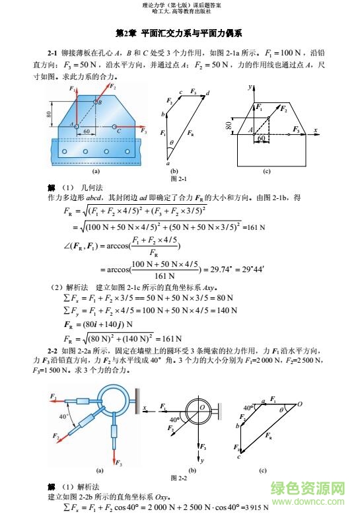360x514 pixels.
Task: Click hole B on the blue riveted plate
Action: (x=94, y=104)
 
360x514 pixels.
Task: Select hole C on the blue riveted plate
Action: (x=115, y=126)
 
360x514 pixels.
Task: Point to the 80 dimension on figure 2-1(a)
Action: (x=50, y=114)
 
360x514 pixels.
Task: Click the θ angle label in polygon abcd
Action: (x=171, y=142)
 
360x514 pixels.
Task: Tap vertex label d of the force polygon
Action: (x=208, y=93)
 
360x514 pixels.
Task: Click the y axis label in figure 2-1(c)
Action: (x=250, y=87)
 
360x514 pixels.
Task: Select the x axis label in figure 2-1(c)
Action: (x=316, y=129)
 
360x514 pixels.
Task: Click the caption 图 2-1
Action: (x=179, y=179)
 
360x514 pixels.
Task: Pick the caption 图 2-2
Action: (x=179, y=477)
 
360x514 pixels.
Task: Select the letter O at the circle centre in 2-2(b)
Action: (x=202, y=407)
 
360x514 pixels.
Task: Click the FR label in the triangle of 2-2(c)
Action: (x=268, y=435)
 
